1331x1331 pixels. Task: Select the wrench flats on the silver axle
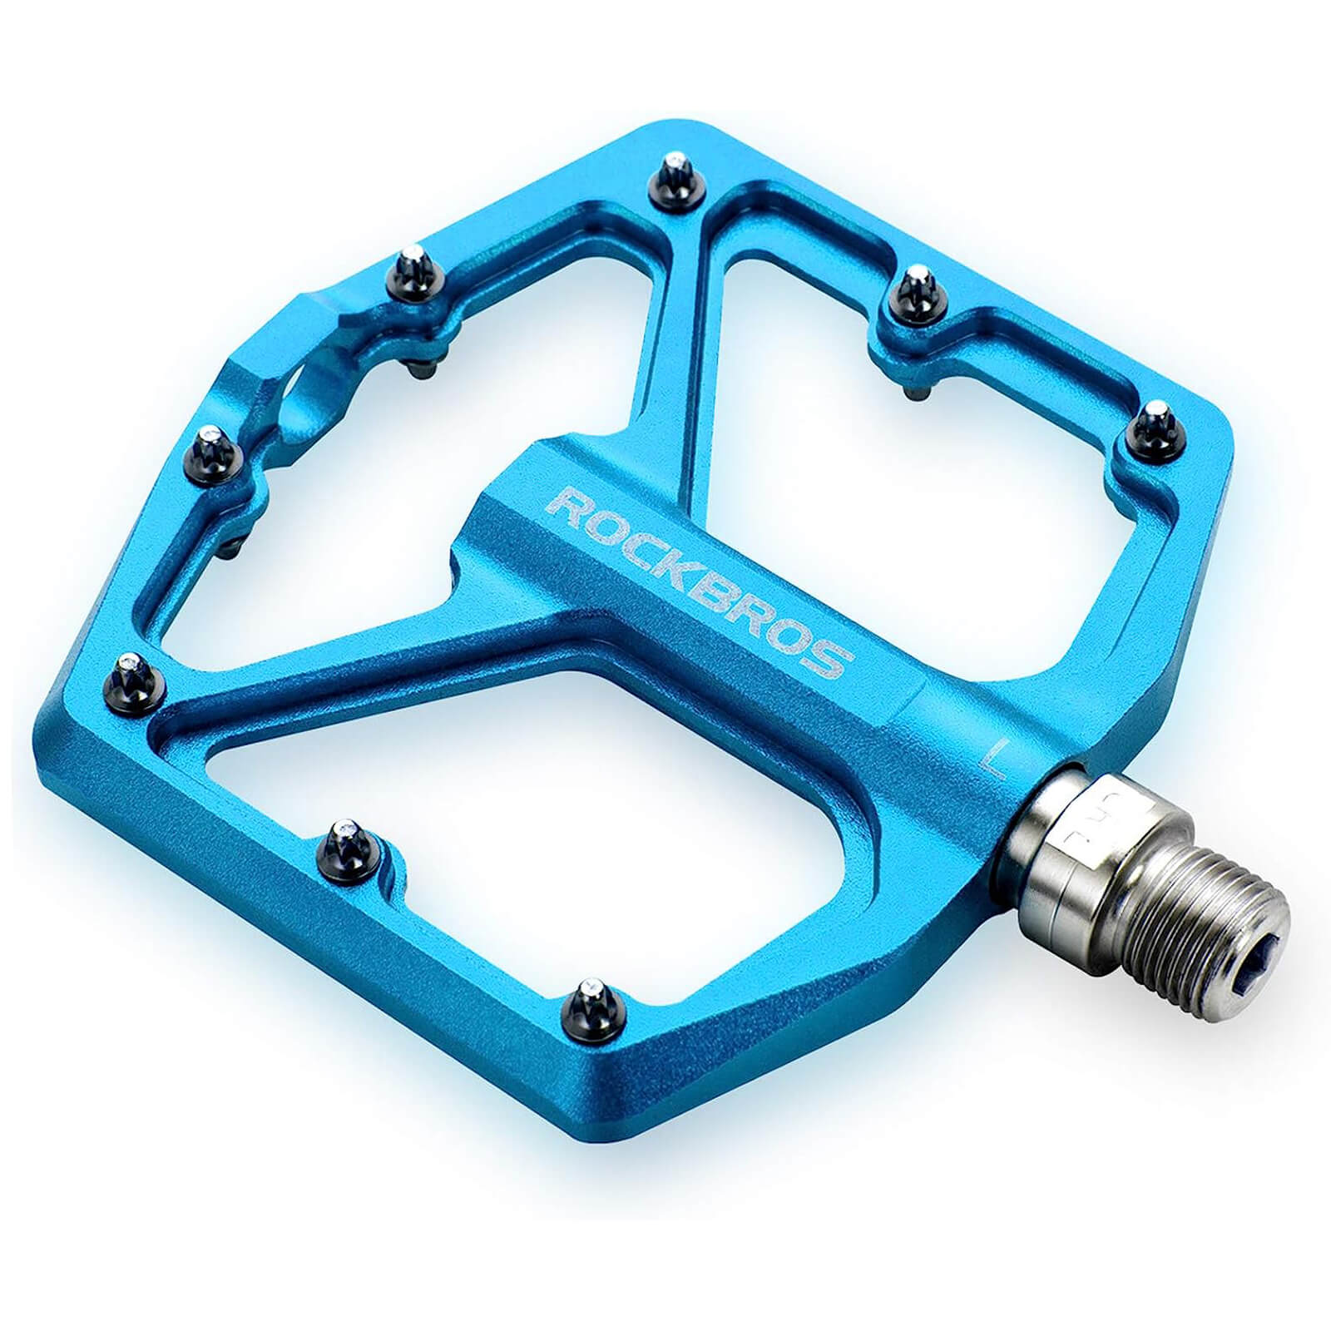(1073, 819)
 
